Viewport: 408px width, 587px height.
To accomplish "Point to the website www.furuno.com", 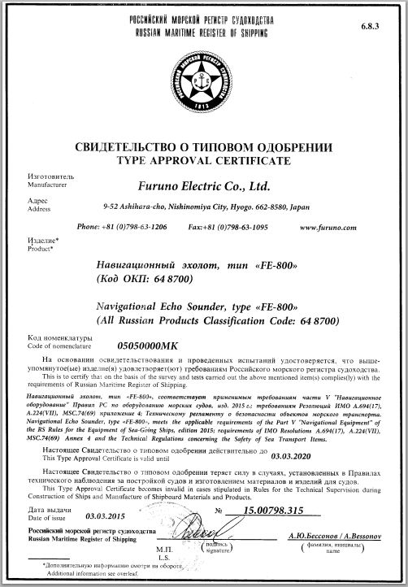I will (350, 228).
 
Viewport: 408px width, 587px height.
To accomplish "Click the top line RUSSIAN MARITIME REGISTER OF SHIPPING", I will (203, 30).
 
